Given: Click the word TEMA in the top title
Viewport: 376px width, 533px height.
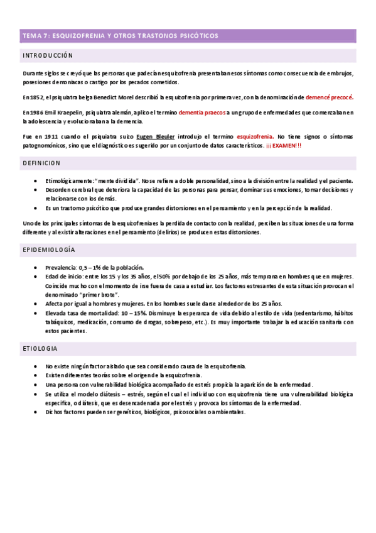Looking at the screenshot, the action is coord(30,36).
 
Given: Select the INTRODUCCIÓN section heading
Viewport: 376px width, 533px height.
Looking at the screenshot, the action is coord(48,56).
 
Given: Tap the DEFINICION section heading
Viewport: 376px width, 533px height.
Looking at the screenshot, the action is coord(41,163).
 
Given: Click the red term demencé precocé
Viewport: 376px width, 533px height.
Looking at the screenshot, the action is coord(330,97).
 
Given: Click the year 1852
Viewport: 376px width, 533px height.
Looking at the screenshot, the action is coord(37,97).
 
